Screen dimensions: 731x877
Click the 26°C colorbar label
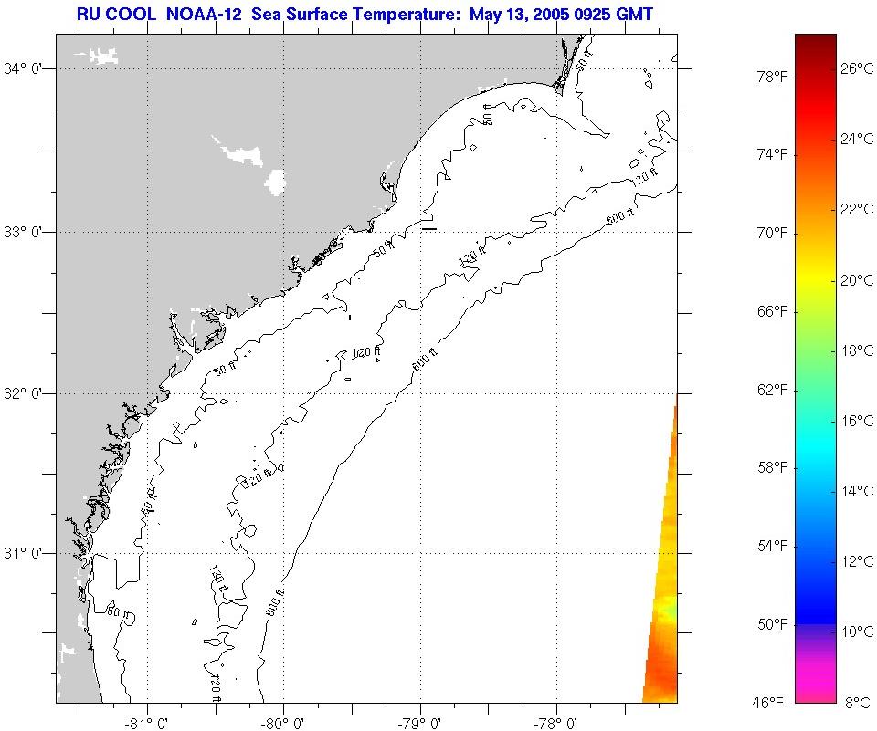tap(857, 69)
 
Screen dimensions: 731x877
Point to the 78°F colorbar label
tap(773, 77)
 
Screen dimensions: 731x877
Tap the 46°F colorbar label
tap(768, 702)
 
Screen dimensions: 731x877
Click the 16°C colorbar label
tap(857, 421)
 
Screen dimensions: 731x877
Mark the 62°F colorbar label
tap(773, 390)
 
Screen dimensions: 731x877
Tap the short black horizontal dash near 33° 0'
tap(429, 229)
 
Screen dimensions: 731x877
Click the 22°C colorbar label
tap(857, 209)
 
